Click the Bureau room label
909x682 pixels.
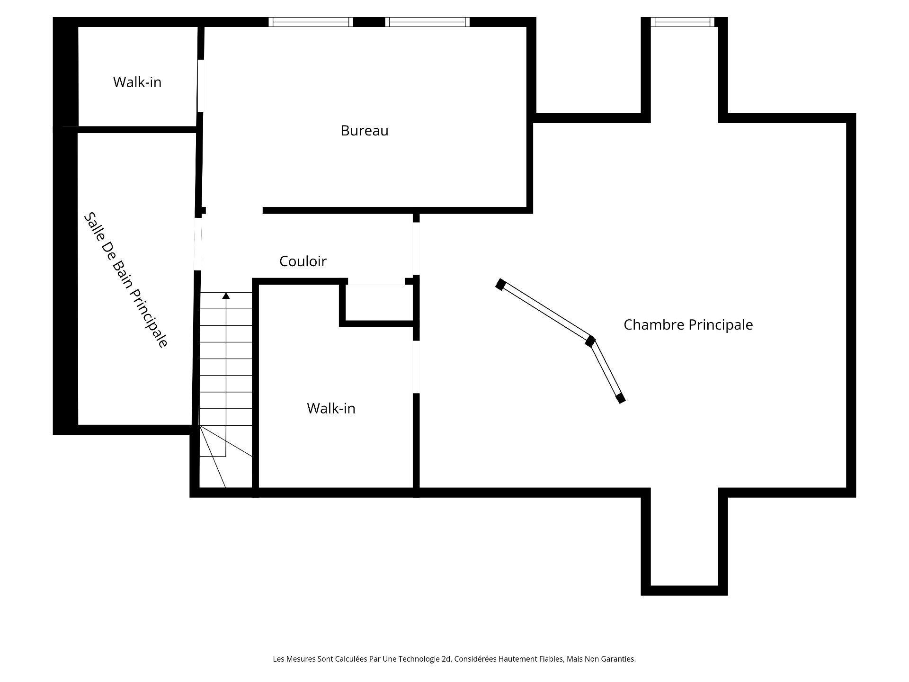click(x=365, y=131)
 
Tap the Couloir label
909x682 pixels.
click(x=303, y=261)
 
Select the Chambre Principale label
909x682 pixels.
click(x=688, y=325)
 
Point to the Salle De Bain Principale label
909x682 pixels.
click(x=125, y=280)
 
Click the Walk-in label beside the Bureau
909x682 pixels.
click(x=137, y=82)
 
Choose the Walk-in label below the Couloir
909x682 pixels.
click(x=331, y=408)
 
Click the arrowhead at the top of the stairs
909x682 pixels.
click(x=226, y=296)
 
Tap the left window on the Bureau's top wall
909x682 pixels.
click(x=311, y=22)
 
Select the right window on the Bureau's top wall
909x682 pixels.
click(x=428, y=22)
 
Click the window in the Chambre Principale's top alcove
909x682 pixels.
click(x=682, y=22)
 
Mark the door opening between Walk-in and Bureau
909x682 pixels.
click(x=201, y=86)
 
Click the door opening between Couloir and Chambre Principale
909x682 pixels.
click(x=416, y=249)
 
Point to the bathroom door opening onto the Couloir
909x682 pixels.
click(x=198, y=244)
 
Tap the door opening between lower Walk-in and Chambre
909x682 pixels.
click(x=416, y=367)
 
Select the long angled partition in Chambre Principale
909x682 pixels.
click(x=545, y=312)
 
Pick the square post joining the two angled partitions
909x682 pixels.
click(x=590, y=341)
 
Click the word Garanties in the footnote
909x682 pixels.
click(x=620, y=659)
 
